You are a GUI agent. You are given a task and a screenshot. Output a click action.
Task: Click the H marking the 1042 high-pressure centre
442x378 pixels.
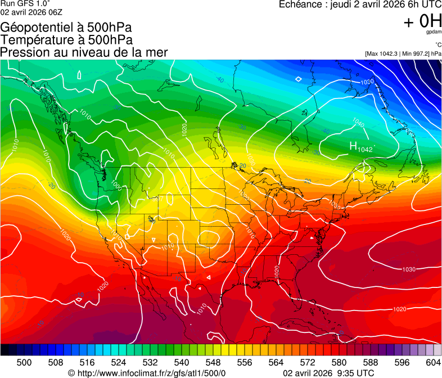pos(353,147)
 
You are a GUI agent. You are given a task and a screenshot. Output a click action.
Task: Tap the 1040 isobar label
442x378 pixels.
pos(358,121)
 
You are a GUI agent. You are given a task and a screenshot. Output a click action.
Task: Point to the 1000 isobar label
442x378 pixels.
pos(116,184)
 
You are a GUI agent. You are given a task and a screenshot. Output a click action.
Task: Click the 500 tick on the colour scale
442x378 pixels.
pos(24,362)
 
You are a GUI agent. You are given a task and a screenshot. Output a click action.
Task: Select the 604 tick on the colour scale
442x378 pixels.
pos(434,362)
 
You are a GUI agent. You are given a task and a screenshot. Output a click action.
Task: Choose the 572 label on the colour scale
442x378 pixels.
pos(308,362)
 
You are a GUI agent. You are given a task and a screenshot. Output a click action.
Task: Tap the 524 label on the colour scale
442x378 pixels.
pos(119,362)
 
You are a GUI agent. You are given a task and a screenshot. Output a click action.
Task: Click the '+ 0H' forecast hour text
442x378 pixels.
pos(422,21)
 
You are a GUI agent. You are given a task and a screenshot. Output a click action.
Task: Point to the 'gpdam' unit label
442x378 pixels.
pos(434,33)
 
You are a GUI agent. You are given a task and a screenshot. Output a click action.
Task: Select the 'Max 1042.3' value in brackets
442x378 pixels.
pos(382,53)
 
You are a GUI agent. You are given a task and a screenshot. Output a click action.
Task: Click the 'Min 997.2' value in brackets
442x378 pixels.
pos(413,53)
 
